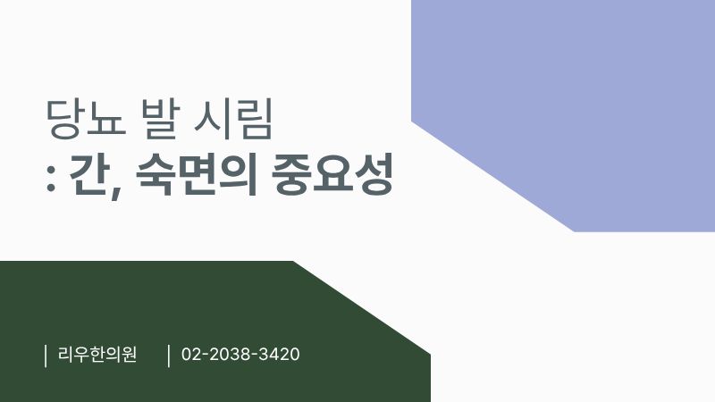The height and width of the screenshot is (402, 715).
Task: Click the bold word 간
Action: click(x=85, y=177)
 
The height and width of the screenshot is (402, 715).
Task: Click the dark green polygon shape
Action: click(x=179, y=331)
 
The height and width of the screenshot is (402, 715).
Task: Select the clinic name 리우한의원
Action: click(x=97, y=355)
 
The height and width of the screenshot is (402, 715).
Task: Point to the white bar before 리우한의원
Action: click(x=46, y=355)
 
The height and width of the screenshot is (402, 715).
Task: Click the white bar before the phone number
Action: click(x=169, y=355)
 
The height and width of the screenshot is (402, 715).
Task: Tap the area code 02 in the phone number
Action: click(x=190, y=355)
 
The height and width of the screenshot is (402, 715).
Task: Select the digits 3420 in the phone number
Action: click(x=279, y=355)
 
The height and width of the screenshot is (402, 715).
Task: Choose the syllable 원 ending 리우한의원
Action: click(x=129, y=355)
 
